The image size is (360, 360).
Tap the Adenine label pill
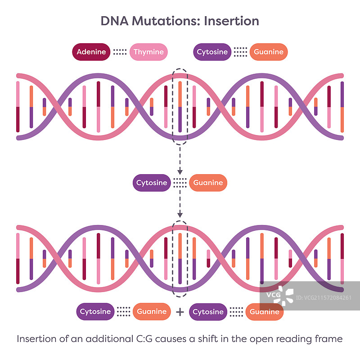pos(91,52)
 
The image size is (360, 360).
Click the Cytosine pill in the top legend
pos(212,52)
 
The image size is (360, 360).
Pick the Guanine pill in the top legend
pos(269,52)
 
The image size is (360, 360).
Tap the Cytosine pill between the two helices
pos(152,183)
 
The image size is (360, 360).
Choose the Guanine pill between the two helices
pos(208,183)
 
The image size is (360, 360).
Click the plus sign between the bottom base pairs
pos(180,311)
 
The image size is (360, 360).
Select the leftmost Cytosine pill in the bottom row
pos(95,311)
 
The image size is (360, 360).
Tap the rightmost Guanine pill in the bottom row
pos(265,311)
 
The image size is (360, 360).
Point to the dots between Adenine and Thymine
pos(120,52)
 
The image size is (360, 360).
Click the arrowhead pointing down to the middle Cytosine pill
pos(180,171)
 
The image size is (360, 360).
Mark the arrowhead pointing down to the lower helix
pos(180,214)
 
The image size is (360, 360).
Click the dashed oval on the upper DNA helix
pos(180,106)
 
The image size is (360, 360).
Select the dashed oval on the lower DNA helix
pos(180,258)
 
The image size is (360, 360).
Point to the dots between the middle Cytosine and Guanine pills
pos(180,183)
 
